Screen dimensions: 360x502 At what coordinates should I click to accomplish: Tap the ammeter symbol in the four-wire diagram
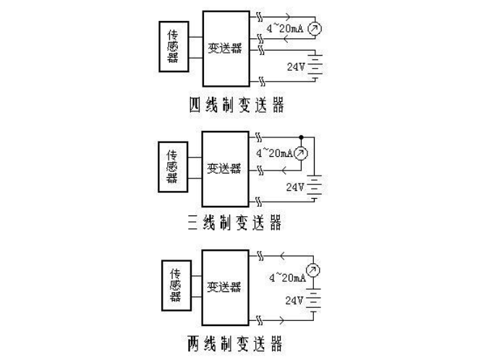point(313,30)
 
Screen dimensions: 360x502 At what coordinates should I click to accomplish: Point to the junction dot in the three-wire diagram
point(299,136)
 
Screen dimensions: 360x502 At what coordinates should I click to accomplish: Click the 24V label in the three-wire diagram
point(295,187)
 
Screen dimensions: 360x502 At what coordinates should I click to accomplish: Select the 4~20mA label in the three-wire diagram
point(273,153)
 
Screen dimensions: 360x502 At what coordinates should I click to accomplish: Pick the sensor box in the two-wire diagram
point(174,286)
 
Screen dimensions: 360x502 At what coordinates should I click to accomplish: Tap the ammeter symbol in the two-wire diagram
point(313,271)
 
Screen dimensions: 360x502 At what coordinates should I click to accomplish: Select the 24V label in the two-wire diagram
point(295,299)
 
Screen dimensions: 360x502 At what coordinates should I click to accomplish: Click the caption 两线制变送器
point(234,342)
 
